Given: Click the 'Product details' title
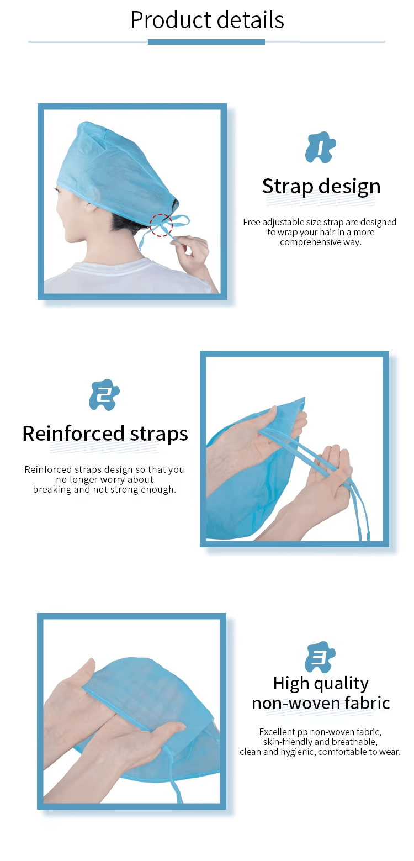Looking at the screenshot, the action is [x=207, y=20].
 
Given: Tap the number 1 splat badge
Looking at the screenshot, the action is [x=320, y=147].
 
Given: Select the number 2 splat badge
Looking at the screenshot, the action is [x=104, y=395].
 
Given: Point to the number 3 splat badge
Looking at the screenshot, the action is [x=320, y=657].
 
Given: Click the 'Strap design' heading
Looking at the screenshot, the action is [x=321, y=187].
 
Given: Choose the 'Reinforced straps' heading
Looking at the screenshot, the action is [x=105, y=434].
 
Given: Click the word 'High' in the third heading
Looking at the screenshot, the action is [x=291, y=683].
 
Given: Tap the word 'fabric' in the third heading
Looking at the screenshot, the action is [x=367, y=703].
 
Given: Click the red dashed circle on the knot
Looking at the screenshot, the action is [x=161, y=225].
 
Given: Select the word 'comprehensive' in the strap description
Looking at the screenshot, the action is [x=311, y=242].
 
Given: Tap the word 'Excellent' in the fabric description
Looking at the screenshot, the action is [x=277, y=732].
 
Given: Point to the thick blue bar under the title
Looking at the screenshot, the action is [x=206, y=42].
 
